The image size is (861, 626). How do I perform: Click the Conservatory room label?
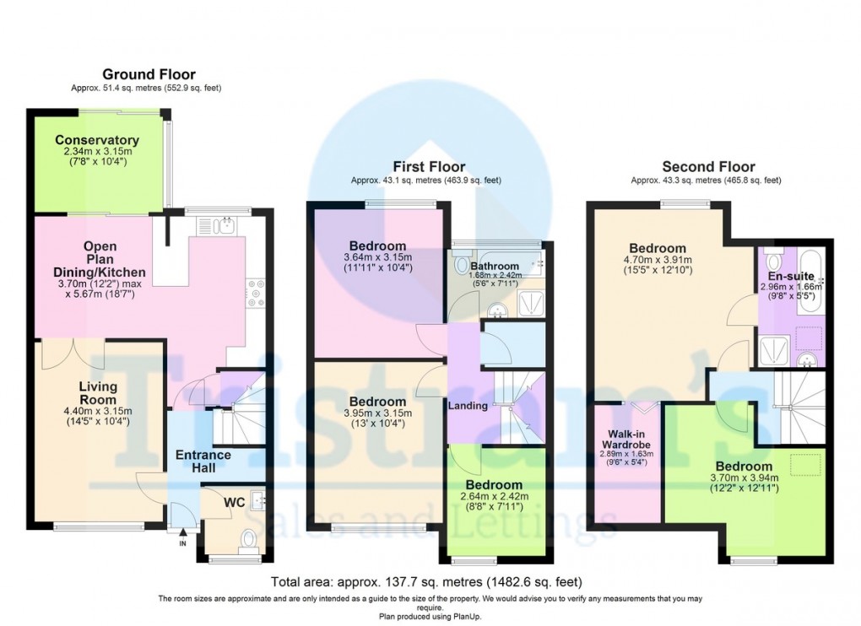[x=96, y=140]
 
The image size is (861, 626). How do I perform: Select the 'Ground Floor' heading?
[x=149, y=74]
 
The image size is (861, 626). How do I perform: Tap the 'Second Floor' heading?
[x=708, y=166]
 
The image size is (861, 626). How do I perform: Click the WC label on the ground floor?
[x=234, y=502]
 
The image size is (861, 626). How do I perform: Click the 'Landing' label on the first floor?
[x=468, y=406]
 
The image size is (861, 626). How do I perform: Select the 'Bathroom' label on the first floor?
[x=495, y=267]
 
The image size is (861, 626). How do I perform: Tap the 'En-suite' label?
[x=790, y=276]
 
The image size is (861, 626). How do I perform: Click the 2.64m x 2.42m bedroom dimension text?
[x=494, y=497]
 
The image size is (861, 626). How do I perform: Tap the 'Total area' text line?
[x=426, y=582]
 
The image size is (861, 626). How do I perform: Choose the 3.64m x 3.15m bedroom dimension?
[x=377, y=257]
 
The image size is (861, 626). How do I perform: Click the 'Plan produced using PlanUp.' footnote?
[x=430, y=616]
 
